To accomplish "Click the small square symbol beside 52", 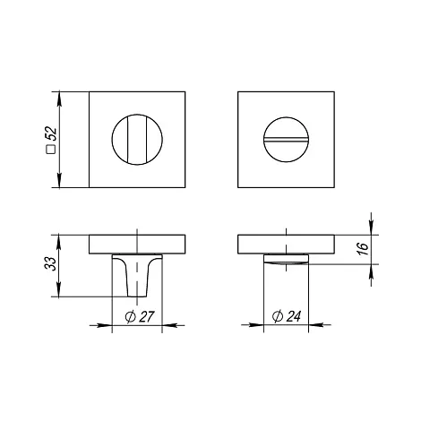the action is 52,149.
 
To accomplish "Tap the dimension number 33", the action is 52,263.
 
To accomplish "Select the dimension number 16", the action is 363,249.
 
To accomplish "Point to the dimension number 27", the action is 146,317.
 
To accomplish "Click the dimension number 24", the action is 293,316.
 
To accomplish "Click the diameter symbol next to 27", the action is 131,317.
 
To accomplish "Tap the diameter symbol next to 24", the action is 278,316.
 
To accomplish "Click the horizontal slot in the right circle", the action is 286,140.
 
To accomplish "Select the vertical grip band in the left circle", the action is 137,140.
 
